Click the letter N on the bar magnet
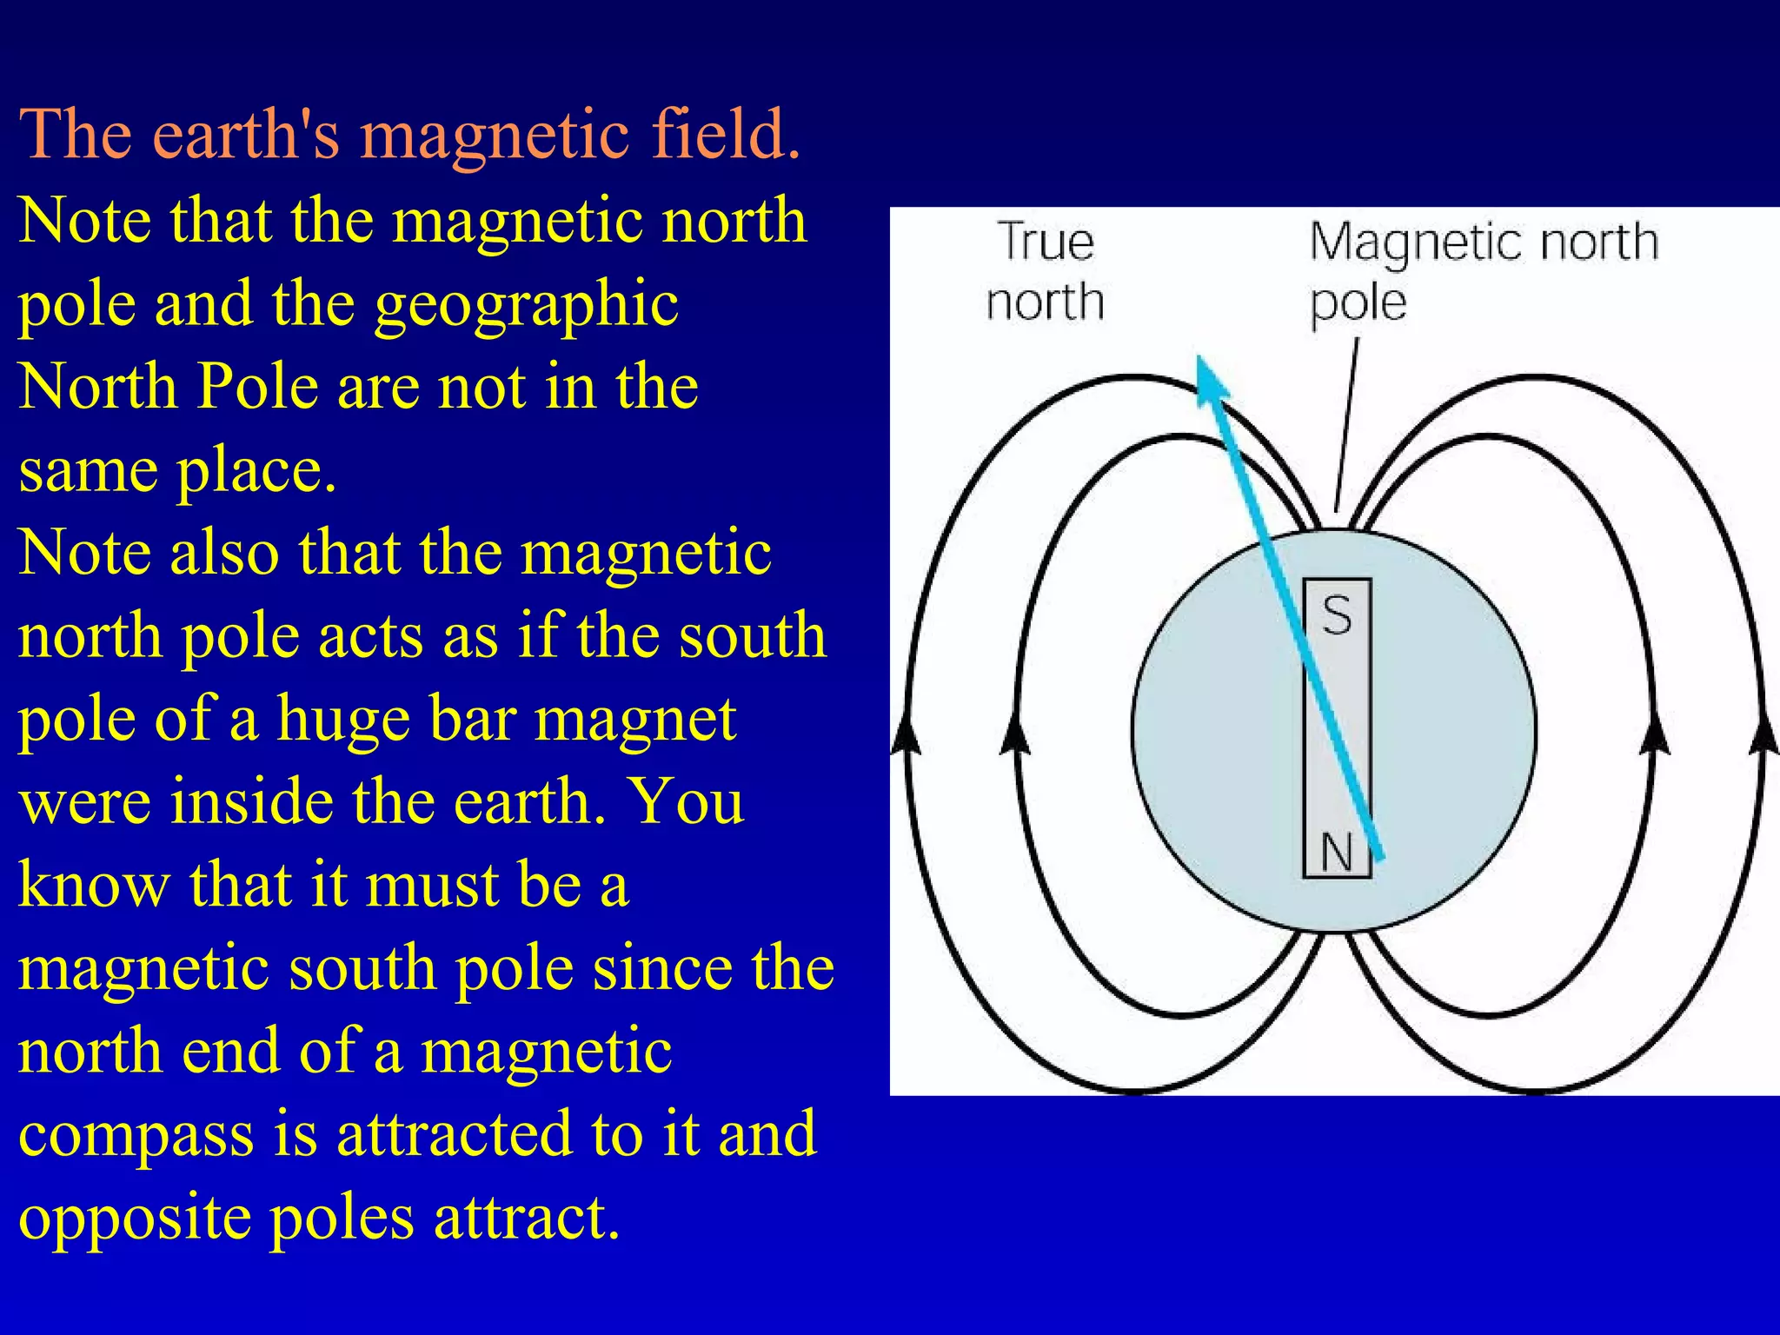pos(1337,853)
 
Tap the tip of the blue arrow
pos(1201,362)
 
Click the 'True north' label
pos(1046,271)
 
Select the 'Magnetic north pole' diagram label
pos(1483,271)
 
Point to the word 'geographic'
pos(527,305)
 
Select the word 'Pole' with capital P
pos(258,386)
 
